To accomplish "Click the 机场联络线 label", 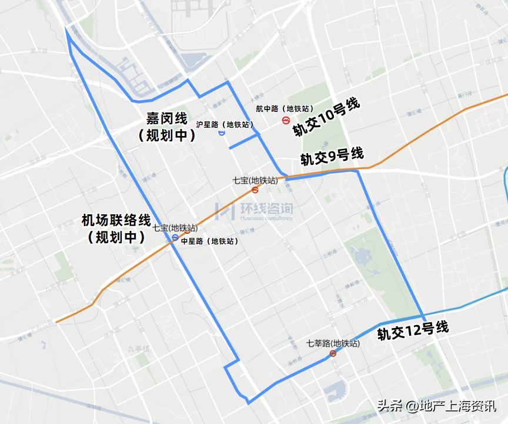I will (116, 221).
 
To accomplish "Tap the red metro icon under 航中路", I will (286, 120).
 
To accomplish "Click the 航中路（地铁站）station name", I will (280, 108).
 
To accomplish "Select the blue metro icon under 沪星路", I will (221, 133).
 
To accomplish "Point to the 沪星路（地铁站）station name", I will (225, 124).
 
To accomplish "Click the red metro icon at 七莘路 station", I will (333, 353).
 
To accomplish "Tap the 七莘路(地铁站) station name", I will (333, 343).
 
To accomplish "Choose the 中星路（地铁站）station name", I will (209, 241).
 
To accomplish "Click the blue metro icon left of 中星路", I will (175, 238).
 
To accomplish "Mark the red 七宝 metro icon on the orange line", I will (255, 190).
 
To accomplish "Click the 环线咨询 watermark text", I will (266, 209).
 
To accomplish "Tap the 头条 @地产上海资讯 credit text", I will (436, 406).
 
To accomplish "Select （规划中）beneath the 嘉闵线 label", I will (167, 135).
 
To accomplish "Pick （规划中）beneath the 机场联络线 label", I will (116, 237).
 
